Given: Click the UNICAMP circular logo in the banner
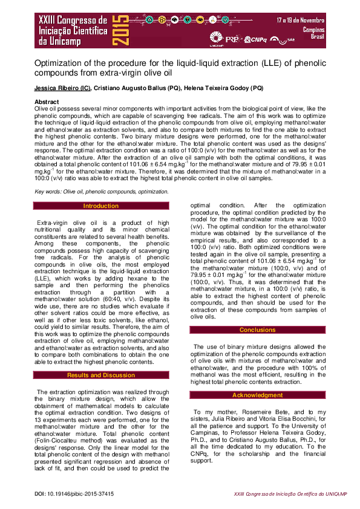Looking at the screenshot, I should (216, 37).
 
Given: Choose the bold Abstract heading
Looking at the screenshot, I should (47, 102).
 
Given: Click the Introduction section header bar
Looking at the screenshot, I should (101, 206).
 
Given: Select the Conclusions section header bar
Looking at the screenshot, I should (258, 329).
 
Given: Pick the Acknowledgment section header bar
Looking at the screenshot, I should (258, 395).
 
